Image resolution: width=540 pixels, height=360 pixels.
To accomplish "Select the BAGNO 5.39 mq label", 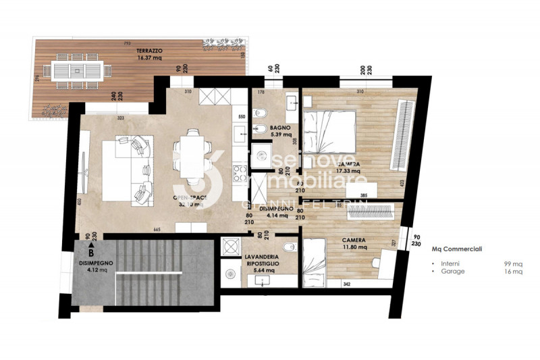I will tap(280, 131).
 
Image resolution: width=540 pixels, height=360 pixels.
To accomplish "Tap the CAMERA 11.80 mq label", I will tap(354, 242).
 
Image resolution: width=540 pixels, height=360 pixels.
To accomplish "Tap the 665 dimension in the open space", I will tap(157, 230).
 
